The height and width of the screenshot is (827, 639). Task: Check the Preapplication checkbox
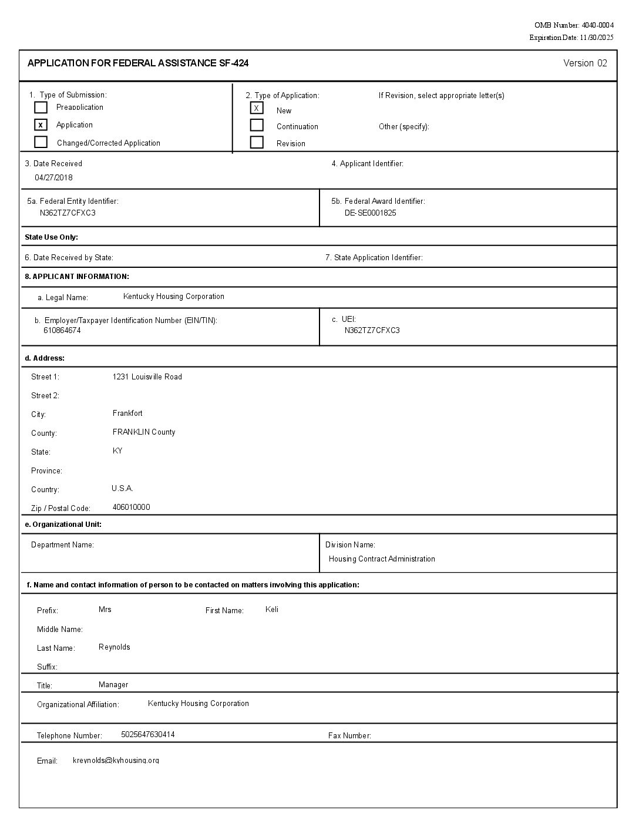coord(41,107)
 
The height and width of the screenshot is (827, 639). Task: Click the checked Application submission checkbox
coord(41,125)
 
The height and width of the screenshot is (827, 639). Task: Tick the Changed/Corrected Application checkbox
coord(41,142)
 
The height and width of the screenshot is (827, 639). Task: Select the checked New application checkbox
coord(257,108)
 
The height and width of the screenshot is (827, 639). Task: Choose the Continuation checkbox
coord(257,125)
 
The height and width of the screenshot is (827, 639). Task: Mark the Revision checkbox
coord(257,142)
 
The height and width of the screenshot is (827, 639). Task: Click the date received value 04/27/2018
coord(53,177)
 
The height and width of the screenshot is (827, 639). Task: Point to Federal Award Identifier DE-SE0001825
coord(370,213)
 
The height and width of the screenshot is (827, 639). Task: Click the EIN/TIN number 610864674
coord(62,330)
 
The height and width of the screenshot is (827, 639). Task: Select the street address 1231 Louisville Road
coord(147,376)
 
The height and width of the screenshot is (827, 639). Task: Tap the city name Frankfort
coord(127,413)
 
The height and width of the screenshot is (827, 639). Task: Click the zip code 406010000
coord(131,507)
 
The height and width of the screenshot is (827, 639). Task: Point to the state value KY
coord(117,451)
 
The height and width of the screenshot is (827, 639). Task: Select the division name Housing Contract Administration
coord(382,559)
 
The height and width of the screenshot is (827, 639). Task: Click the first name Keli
coord(272,609)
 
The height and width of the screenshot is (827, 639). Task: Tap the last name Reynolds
coord(115,647)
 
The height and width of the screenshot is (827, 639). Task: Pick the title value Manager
coord(113,684)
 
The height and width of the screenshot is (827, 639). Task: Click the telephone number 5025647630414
coord(148,734)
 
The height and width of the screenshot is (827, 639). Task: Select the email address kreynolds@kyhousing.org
coord(116,760)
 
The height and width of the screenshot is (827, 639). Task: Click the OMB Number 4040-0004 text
coord(574,25)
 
